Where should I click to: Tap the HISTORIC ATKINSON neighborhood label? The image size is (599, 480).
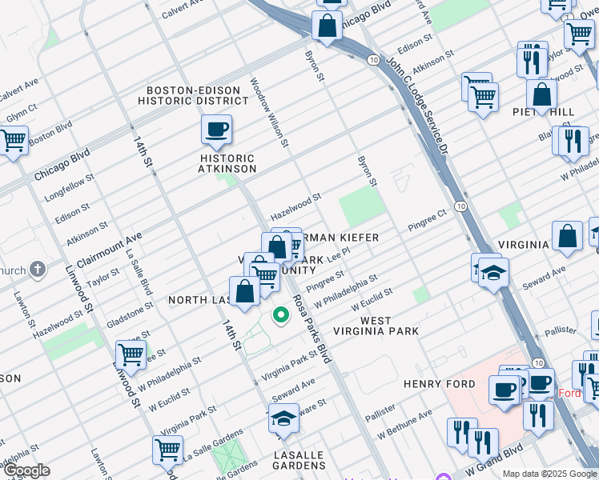click(x=228, y=164)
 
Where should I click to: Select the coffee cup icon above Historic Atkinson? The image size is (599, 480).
click(x=217, y=130)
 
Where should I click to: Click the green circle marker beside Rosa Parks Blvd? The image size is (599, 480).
click(x=281, y=315)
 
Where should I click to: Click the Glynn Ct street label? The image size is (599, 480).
click(x=22, y=112)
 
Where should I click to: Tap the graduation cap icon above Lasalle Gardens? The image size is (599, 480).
click(x=283, y=418)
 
